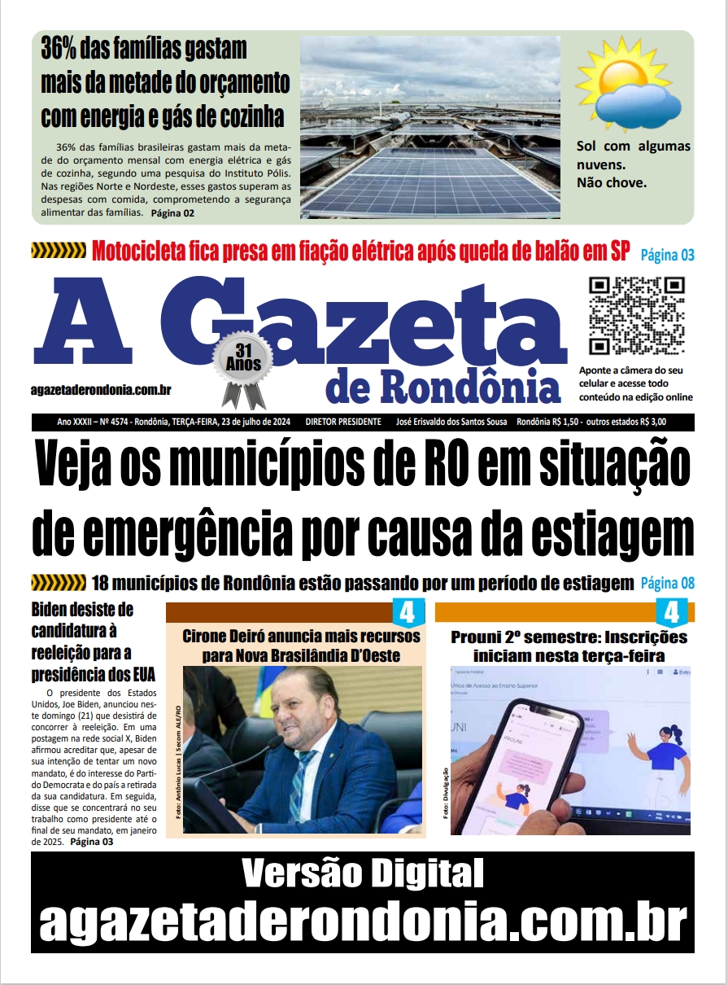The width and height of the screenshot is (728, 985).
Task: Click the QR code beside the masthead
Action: click(637, 316)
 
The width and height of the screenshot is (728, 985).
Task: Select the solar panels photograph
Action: click(430, 127)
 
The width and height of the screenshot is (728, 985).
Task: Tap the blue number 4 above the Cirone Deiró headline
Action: click(408, 611)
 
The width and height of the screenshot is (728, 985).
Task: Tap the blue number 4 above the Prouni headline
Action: click(671, 611)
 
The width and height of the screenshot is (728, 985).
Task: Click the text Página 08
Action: click(667, 583)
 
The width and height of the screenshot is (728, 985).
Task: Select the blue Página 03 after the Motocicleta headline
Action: click(667, 255)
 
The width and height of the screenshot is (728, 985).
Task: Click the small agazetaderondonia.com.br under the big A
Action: click(101, 390)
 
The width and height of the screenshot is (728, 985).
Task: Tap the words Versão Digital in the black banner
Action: click(363, 873)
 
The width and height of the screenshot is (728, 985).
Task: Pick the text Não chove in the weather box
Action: click(611, 182)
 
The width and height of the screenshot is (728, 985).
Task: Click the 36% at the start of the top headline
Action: click(63, 48)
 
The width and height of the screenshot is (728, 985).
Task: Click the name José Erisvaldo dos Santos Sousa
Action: click(451, 422)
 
